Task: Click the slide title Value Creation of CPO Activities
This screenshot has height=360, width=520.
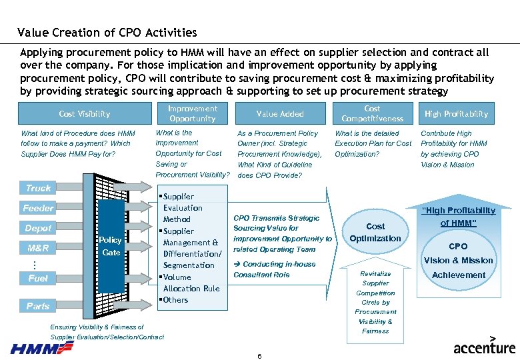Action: [x=107, y=32]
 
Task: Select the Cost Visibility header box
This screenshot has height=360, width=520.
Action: [x=85, y=114]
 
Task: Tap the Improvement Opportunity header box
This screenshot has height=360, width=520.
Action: [x=192, y=113]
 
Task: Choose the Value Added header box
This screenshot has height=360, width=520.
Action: [x=280, y=114]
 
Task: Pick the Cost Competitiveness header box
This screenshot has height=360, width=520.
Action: [x=372, y=113]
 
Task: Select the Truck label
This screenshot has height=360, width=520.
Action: [x=38, y=188]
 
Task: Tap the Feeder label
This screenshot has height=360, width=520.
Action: [x=38, y=208]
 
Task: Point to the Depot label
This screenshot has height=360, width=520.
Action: [x=38, y=228]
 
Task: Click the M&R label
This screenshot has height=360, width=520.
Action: [x=38, y=248]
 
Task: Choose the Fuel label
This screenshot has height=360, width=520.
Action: [x=38, y=278]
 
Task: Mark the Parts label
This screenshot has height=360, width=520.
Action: [x=38, y=306]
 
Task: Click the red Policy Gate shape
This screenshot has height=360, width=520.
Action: [x=110, y=246]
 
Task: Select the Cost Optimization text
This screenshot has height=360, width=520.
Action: [x=375, y=232]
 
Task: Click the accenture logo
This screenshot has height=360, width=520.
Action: [x=485, y=347]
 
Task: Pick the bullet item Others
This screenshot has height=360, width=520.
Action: [x=175, y=300]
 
